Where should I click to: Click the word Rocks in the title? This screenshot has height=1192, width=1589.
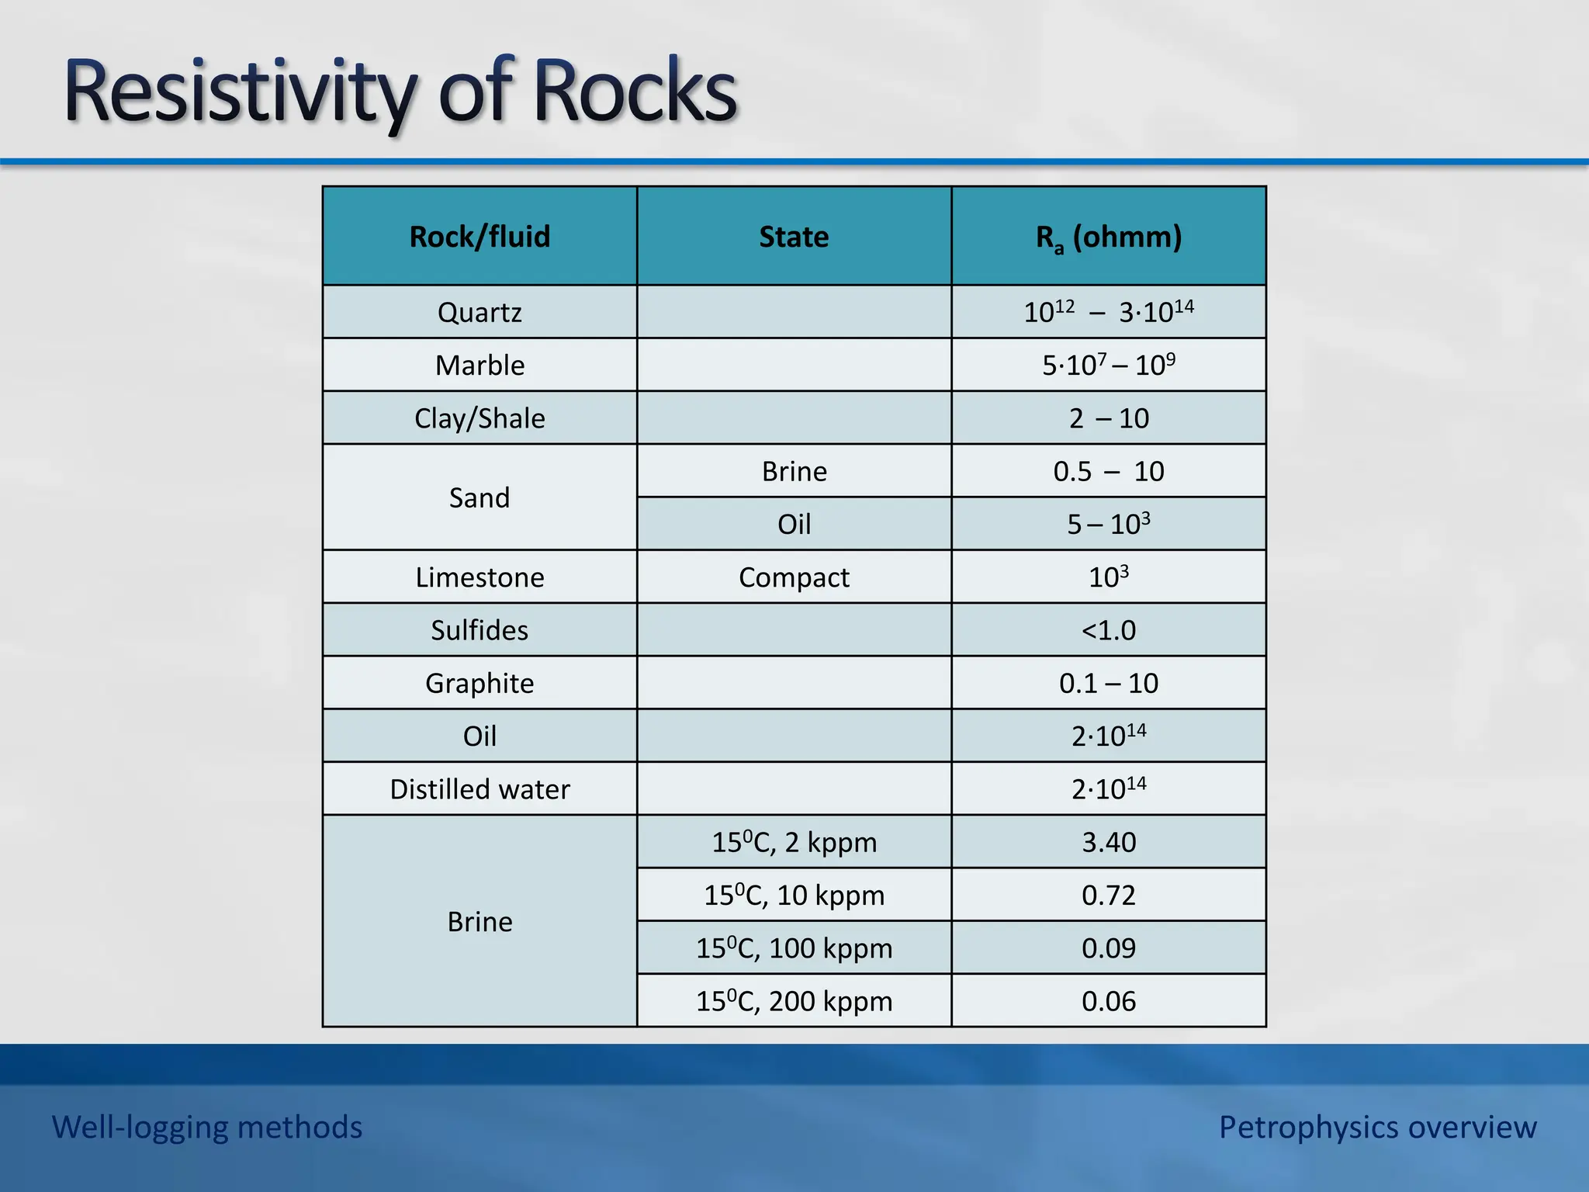[x=635, y=93]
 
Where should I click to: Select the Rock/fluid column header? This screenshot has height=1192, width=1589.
[x=479, y=237]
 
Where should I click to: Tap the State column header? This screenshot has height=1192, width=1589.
[x=794, y=237]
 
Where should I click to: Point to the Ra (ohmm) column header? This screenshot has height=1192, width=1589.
[x=1109, y=237]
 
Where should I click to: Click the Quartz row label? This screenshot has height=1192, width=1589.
[x=479, y=313]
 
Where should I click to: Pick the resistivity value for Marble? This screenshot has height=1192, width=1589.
[x=1109, y=365]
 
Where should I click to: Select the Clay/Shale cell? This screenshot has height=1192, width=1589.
[x=479, y=418]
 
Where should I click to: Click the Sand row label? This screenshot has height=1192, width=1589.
[x=479, y=497]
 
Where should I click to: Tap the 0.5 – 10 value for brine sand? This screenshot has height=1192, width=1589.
[x=1109, y=471]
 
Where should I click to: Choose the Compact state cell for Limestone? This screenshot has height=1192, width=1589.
[x=794, y=577]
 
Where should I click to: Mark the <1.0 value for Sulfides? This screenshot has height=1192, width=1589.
[x=1109, y=630]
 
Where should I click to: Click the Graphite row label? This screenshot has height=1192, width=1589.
[x=479, y=683]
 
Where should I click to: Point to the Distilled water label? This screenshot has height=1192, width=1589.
[x=479, y=789]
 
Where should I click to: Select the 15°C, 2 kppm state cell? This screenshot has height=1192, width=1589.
[x=794, y=842]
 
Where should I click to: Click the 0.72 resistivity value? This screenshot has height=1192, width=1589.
[x=1109, y=896]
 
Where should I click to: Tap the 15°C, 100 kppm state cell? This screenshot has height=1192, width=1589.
[x=794, y=948]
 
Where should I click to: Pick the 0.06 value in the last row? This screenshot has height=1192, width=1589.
[x=1109, y=1001]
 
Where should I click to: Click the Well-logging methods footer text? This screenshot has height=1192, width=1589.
[x=207, y=1127]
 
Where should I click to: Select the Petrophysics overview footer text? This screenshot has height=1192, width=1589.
[x=1377, y=1127]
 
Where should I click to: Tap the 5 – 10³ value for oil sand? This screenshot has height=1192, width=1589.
[x=1109, y=525]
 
